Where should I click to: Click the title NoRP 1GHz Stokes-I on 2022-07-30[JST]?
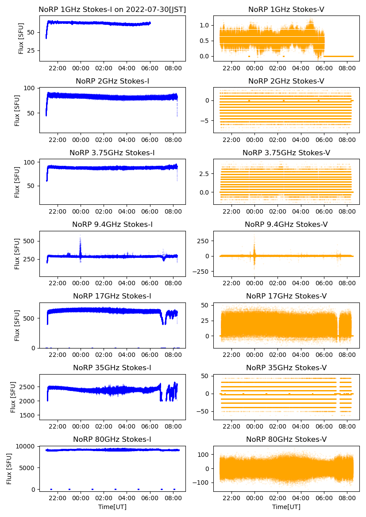pyautogui.click(x=112, y=9)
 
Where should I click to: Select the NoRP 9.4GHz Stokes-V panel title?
pyautogui.click(x=286, y=225)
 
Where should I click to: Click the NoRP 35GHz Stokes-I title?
pyautogui.click(x=112, y=368)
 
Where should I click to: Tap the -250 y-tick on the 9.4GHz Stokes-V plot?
pyautogui.click(x=202, y=271)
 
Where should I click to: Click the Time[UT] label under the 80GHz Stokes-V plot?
pyautogui.click(x=286, y=507)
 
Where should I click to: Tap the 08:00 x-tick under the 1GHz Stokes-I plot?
pyautogui.click(x=173, y=69)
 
